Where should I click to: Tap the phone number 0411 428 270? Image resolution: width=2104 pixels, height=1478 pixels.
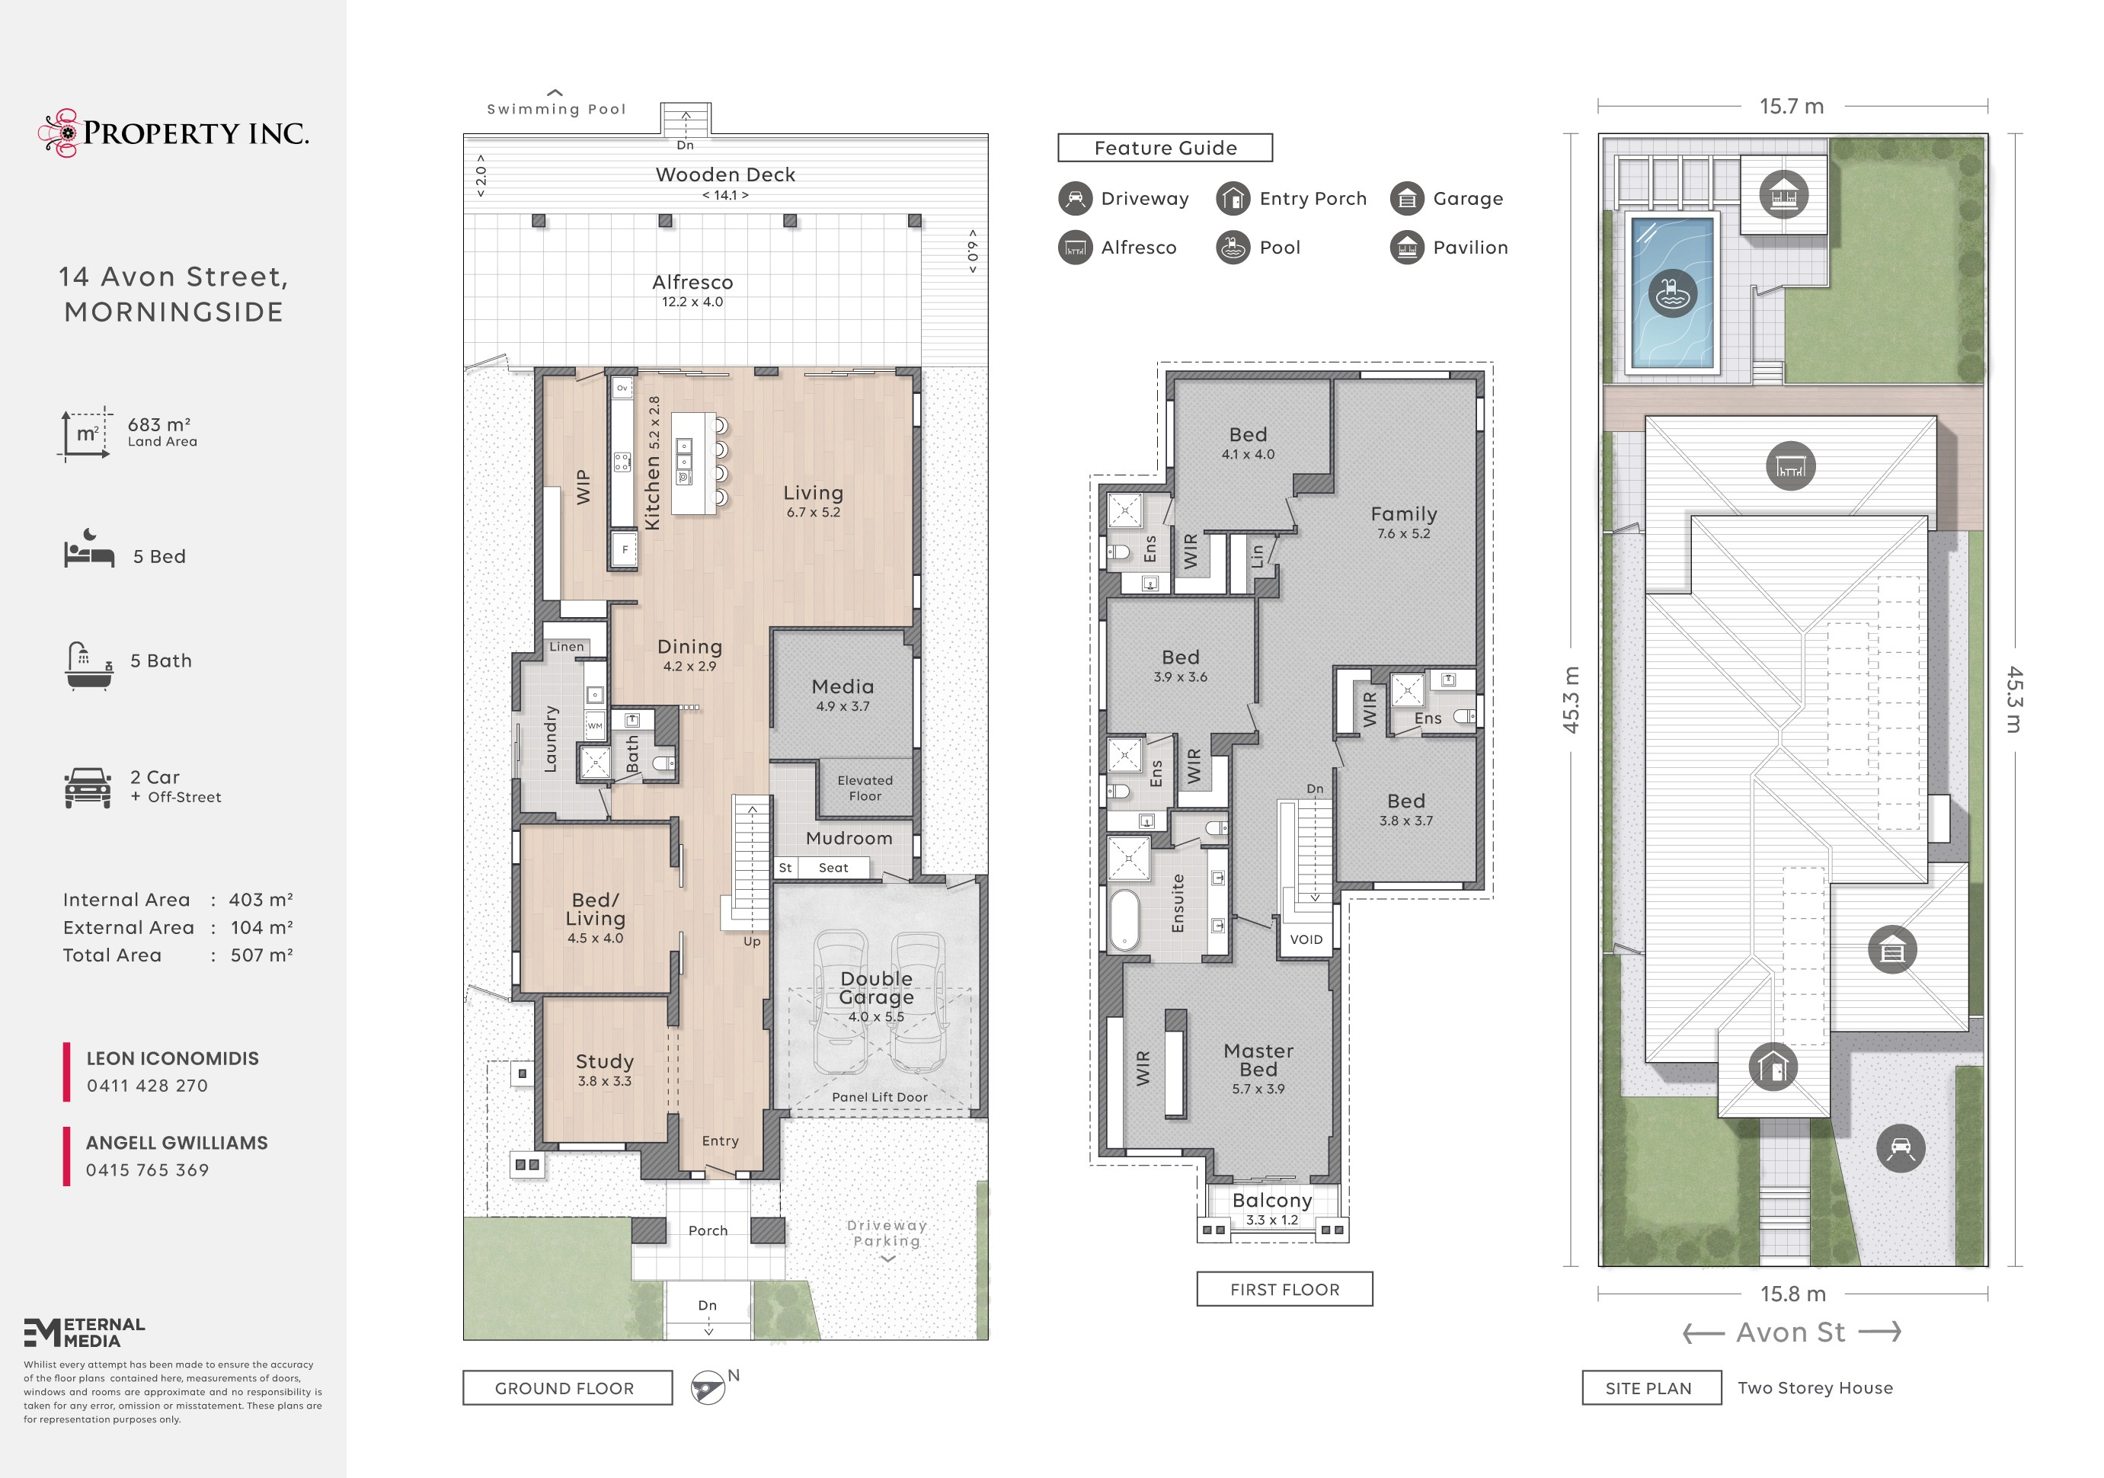148,1086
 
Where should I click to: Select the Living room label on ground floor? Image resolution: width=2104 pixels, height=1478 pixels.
813,493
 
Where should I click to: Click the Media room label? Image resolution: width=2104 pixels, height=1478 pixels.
843,686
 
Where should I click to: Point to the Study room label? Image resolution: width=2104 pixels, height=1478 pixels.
605,1061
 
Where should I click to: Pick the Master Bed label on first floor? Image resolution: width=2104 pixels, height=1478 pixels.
1258,1061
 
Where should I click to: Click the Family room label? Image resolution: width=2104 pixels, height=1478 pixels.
1404,514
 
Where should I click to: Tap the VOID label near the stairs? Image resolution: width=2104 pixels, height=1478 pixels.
1306,939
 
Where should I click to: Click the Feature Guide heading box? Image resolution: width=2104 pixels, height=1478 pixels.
1166,148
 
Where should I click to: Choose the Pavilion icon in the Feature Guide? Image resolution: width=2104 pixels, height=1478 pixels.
1408,248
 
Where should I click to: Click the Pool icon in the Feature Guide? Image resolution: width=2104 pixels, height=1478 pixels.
1233,248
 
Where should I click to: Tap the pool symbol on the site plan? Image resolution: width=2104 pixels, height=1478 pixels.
1672,294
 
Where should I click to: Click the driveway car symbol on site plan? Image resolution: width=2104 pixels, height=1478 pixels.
1901,1148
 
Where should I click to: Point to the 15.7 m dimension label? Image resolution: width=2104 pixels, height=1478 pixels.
1792,107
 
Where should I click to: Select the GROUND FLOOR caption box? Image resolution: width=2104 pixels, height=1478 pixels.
568,1388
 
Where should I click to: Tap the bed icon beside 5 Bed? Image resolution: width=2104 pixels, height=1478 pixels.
89,548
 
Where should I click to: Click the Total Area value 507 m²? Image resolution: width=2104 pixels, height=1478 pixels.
261,955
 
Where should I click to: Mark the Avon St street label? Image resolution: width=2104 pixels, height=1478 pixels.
1791,1332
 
